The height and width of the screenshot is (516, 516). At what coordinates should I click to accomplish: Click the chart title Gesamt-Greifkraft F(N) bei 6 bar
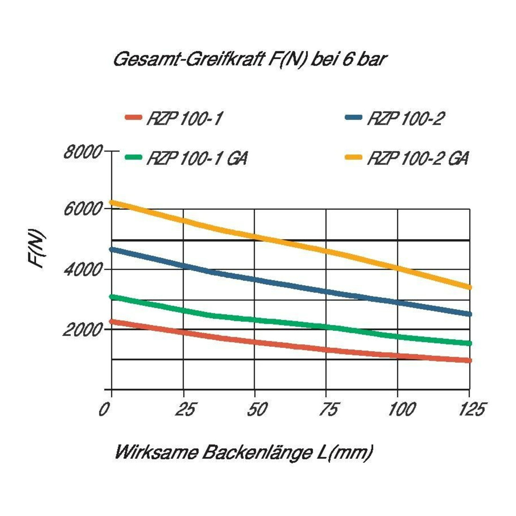[x=250, y=60]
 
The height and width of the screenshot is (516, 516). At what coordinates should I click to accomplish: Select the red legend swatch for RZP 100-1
[x=134, y=117]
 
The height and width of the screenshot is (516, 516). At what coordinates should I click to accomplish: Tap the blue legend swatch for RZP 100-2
[x=354, y=117]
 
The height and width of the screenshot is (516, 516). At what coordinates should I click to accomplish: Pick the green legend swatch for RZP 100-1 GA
[x=134, y=157]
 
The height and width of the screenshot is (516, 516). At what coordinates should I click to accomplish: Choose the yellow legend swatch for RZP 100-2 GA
[x=354, y=157]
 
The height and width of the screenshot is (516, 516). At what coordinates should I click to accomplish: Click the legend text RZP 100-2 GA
[x=418, y=158]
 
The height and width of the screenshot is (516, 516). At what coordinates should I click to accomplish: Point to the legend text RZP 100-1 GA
[x=197, y=158]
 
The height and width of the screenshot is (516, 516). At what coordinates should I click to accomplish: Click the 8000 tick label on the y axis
[x=83, y=152]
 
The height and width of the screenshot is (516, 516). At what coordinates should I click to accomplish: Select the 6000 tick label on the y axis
[x=83, y=209]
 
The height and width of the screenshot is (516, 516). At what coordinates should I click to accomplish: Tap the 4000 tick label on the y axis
[x=83, y=270]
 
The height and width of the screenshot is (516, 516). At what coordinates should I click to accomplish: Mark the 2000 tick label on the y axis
[x=83, y=329]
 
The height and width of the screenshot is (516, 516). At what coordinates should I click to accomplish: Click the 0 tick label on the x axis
[x=104, y=410]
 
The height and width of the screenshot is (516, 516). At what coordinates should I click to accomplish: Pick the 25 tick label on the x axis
[x=185, y=410]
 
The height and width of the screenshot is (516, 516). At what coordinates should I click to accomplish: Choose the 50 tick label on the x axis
[x=258, y=410]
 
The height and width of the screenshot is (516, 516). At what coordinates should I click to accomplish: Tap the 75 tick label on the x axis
[x=328, y=410]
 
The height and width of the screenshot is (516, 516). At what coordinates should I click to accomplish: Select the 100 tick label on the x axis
[x=402, y=410]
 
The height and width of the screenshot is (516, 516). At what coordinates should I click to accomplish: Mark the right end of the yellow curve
[x=470, y=287]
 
